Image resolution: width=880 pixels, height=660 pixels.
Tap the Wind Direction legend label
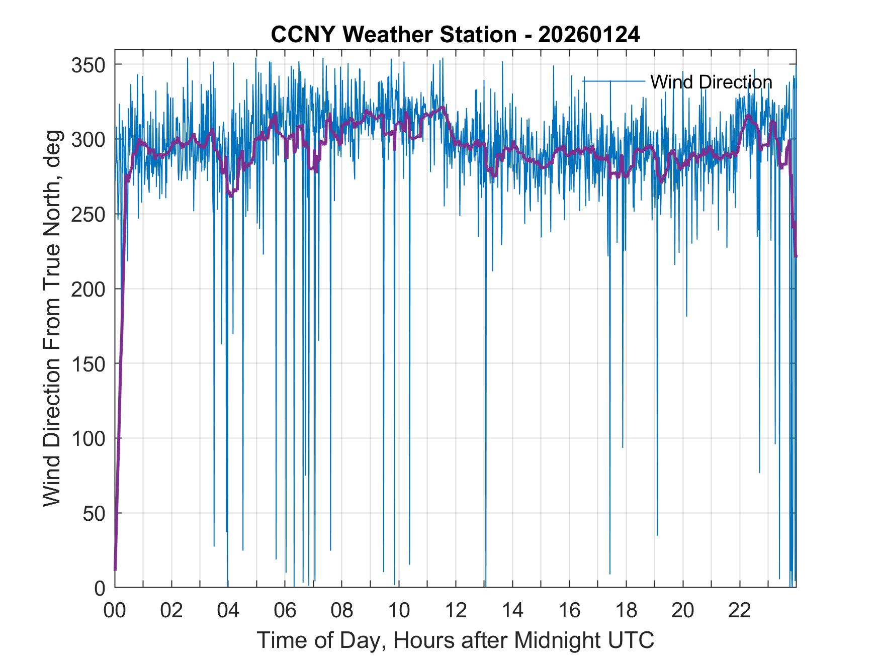coord(711,82)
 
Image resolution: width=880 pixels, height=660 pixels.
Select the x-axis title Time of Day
coord(456,640)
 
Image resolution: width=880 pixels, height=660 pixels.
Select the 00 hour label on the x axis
coord(115,611)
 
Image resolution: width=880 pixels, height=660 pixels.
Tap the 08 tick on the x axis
coord(342,611)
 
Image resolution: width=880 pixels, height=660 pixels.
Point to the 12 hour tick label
coord(456,611)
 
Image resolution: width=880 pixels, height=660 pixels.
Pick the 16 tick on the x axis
coord(569,611)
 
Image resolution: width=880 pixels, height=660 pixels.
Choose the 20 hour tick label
coord(683,611)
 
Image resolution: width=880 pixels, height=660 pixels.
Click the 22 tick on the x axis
coord(740,611)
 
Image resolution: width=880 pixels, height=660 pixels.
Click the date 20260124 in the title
coord(589,35)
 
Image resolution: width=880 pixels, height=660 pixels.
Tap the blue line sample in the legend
coord(613,81)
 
